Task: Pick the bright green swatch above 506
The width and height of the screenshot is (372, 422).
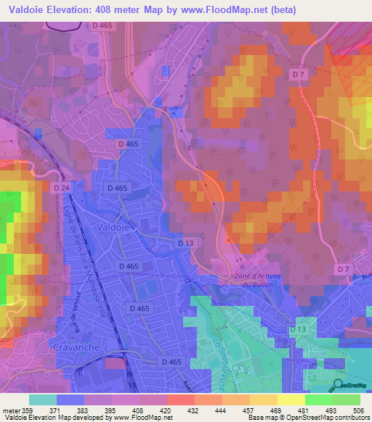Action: tap(347, 400)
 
